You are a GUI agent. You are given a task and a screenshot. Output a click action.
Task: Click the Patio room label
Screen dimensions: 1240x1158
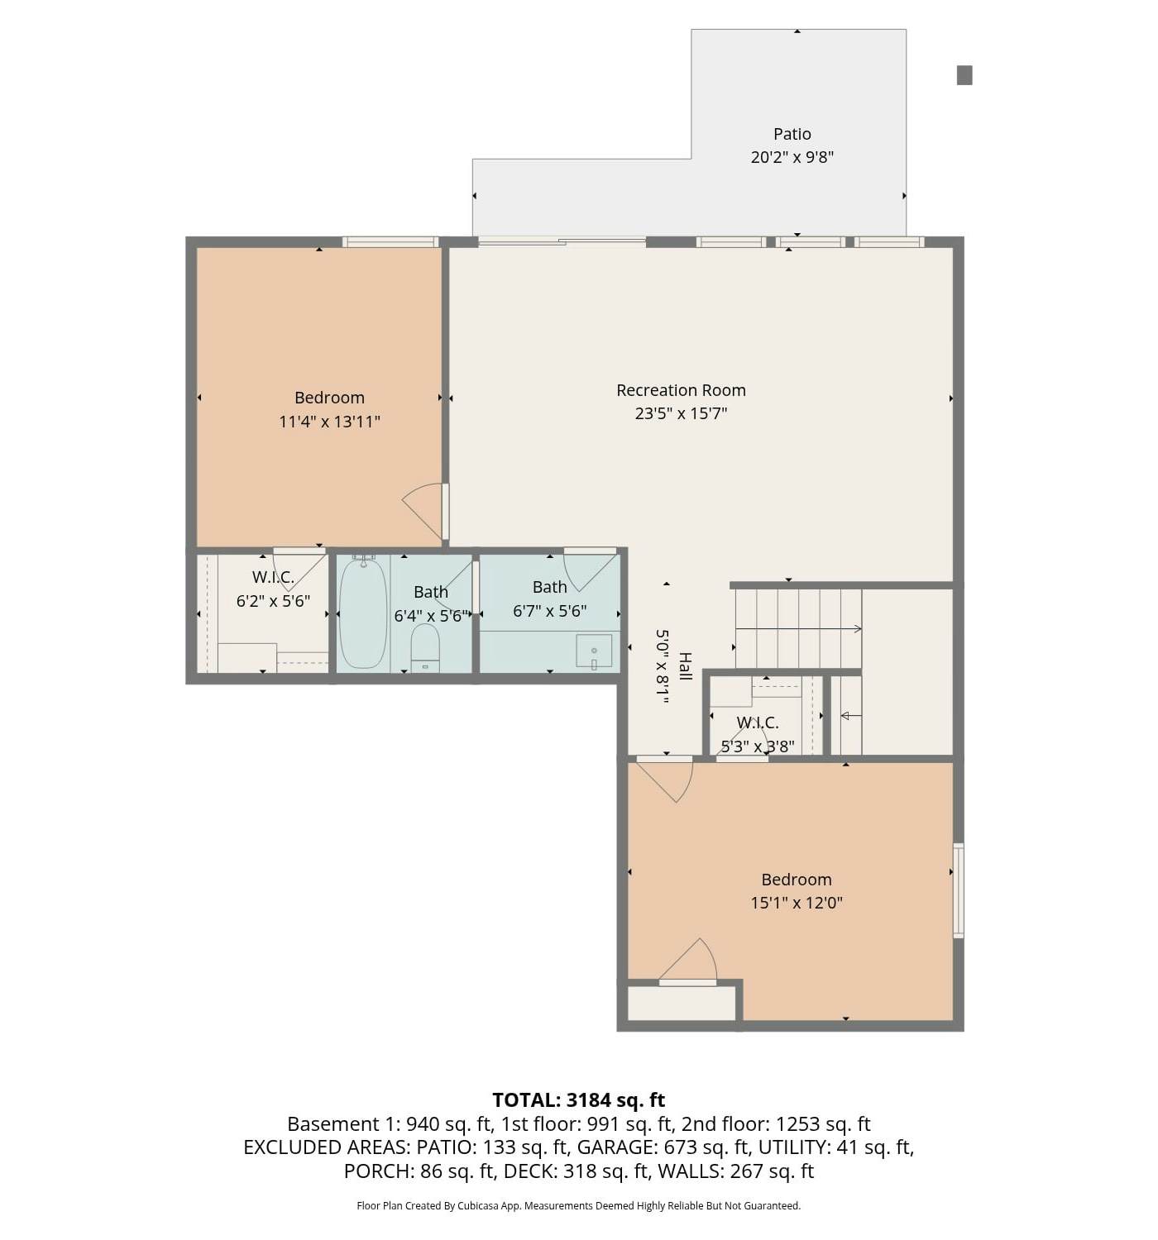pyautogui.click(x=792, y=134)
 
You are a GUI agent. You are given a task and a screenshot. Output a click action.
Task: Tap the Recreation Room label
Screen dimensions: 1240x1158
pyautogui.click(x=681, y=390)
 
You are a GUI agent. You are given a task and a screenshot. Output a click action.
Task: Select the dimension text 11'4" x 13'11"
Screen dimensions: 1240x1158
pyautogui.click(x=329, y=422)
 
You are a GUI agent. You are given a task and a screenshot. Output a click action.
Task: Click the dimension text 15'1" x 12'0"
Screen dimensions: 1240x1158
pyautogui.click(x=796, y=903)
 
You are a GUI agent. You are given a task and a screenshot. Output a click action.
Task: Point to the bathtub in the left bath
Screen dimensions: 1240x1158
pyautogui.click(x=362, y=613)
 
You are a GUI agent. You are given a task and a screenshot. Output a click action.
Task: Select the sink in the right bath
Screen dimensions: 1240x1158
pyautogui.click(x=594, y=651)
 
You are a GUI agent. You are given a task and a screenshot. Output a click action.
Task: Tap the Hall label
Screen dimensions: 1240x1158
pyautogui.click(x=685, y=666)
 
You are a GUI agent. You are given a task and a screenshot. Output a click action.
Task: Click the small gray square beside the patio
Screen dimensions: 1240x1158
pyautogui.click(x=964, y=75)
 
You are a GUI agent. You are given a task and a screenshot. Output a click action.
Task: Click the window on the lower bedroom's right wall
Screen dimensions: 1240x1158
pyautogui.click(x=958, y=889)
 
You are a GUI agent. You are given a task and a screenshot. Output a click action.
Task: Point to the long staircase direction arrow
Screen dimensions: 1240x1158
pyautogui.click(x=798, y=629)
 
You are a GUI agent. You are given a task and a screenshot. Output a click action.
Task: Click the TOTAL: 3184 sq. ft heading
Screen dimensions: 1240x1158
pyautogui.click(x=578, y=1100)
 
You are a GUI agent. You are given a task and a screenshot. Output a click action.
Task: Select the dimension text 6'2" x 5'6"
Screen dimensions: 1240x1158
pyautogui.click(x=273, y=601)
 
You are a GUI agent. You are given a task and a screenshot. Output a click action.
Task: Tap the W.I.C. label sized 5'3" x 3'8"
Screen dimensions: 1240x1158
pyautogui.click(x=758, y=723)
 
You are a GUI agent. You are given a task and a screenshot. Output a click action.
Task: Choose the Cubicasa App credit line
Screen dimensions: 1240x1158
pyautogui.click(x=578, y=1206)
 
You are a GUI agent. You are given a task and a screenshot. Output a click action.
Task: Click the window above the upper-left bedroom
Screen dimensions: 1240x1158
pyautogui.click(x=390, y=242)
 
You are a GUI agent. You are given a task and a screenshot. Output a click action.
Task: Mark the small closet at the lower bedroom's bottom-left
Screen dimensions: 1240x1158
pyautogui.click(x=681, y=1004)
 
